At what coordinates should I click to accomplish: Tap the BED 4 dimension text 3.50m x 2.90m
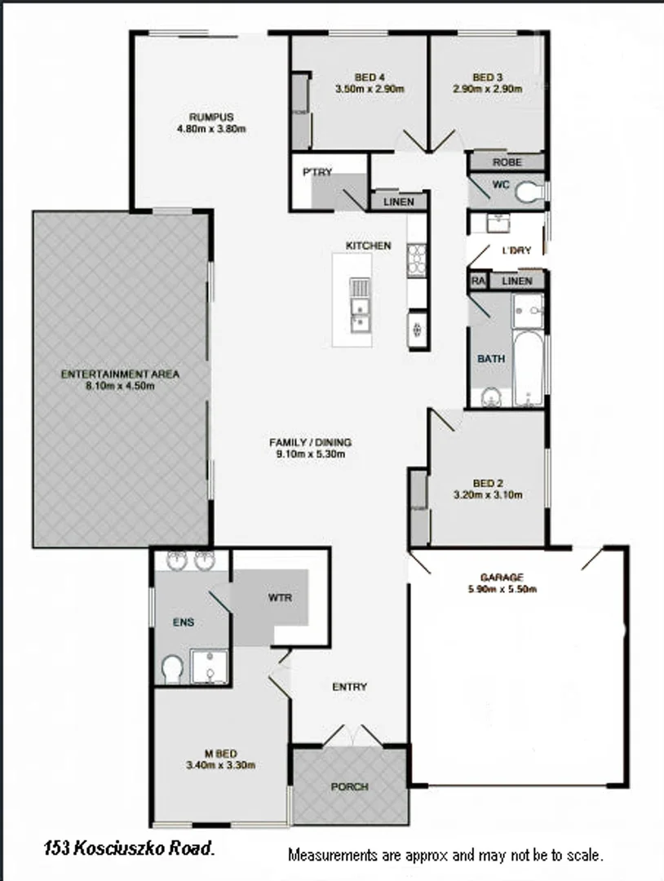coord(370,90)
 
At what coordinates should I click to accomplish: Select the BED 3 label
coord(487,77)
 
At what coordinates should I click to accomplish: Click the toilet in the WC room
coord(529,192)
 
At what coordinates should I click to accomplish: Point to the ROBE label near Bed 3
coord(506,162)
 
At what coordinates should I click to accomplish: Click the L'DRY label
coord(516,250)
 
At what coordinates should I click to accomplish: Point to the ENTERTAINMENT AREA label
coord(120,374)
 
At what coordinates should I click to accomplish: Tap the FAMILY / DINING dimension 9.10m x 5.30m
coord(310,454)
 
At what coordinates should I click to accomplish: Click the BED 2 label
coord(486,482)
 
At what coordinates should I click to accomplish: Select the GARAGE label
coord(501,577)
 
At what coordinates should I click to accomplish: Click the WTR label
coord(279,597)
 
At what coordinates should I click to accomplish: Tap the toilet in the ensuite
coord(172,669)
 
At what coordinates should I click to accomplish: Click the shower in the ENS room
coord(210,666)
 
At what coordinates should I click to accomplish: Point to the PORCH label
coord(349,787)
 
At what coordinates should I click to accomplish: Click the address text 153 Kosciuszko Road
coord(129,849)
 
